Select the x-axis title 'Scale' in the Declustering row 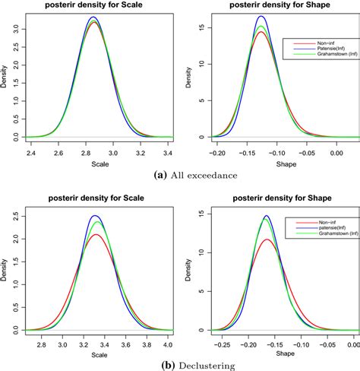point(96,353)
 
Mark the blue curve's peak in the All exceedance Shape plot point(261,17)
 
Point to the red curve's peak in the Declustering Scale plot point(95,235)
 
